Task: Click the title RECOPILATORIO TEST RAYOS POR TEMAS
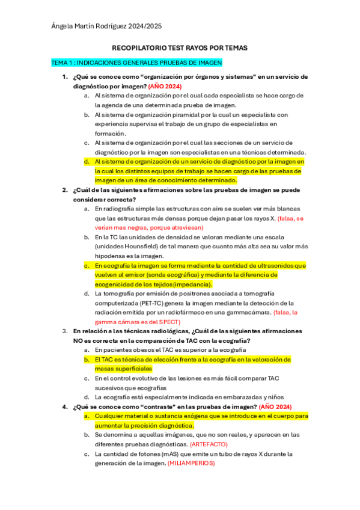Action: tap(180, 48)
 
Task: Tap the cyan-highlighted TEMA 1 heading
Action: tap(136, 62)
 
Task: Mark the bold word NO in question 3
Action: tap(79, 340)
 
